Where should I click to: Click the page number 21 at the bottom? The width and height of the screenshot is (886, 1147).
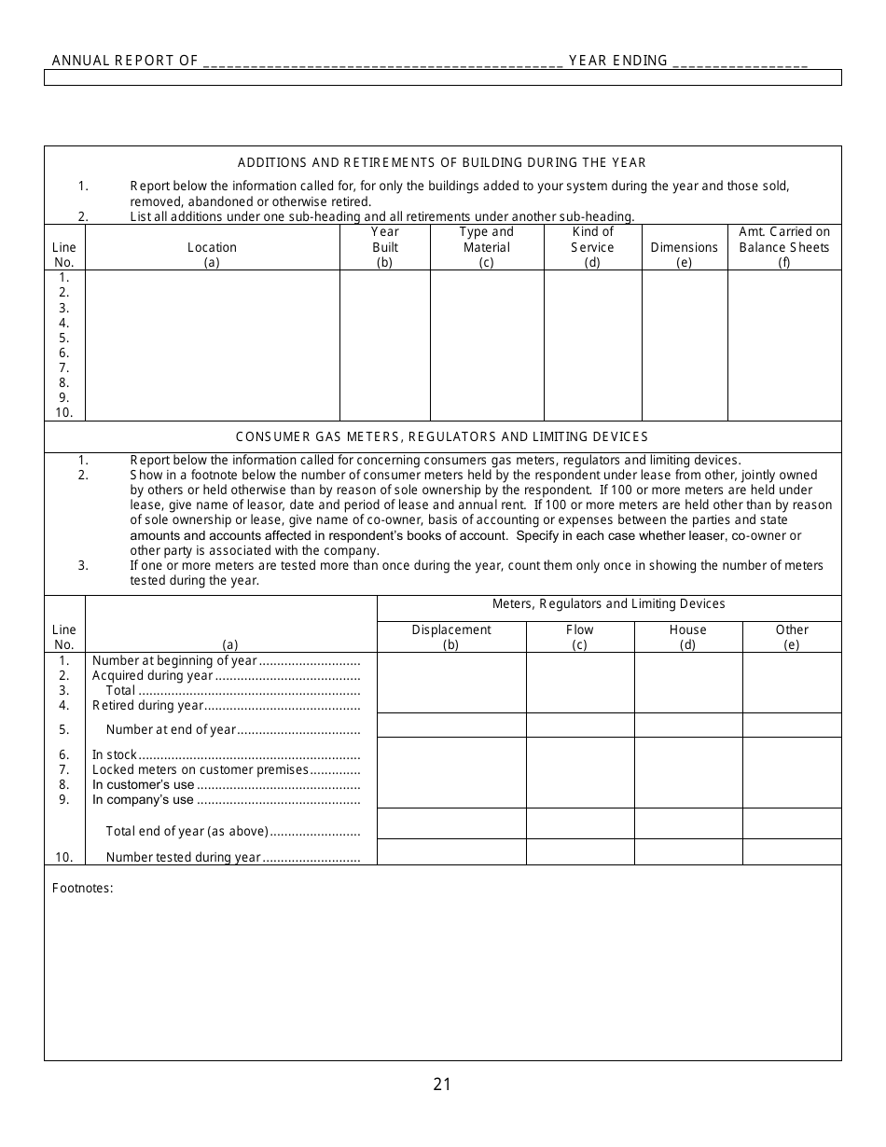click(442, 1084)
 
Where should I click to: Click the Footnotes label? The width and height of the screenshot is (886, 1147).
click(82, 888)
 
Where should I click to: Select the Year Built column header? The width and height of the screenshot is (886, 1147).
click(384, 247)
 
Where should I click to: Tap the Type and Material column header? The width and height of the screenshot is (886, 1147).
click(486, 247)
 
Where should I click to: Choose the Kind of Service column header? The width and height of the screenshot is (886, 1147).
click(592, 247)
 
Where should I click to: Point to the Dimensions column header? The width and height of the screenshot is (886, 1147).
click(684, 248)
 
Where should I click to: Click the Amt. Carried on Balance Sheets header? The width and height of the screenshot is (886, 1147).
click(783, 247)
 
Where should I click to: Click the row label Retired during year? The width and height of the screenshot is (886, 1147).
click(147, 706)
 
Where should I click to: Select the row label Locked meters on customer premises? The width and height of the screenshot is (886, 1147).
click(200, 769)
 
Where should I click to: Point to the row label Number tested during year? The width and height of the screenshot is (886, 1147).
click(183, 857)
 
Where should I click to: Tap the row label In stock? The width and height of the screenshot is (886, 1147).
click(115, 754)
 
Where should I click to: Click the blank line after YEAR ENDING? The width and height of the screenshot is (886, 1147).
click(740, 61)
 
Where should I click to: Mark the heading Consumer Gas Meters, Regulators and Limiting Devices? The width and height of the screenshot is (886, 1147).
click(442, 436)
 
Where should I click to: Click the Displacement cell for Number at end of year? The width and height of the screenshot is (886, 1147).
click(451, 726)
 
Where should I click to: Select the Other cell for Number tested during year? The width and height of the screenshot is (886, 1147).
click(792, 852)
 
